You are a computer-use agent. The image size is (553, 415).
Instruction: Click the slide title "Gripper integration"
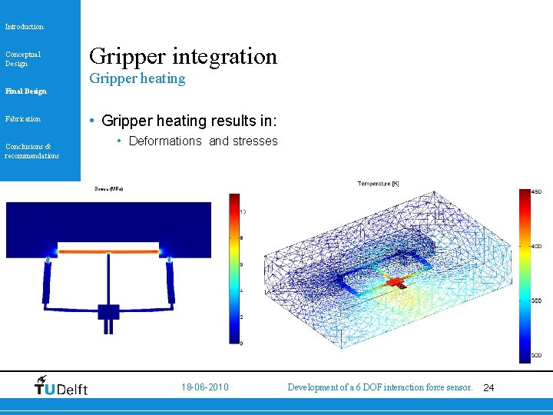coord(183,56)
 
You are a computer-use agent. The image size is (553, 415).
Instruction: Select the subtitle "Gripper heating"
coord(137,78)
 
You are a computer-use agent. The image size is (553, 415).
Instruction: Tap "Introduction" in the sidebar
coord(25,27)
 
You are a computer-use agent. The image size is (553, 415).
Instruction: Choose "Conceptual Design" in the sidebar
coord(23,58)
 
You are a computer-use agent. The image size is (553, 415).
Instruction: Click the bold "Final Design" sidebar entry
coord(25,91)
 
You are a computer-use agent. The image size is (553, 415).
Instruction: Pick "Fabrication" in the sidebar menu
coord(23,119)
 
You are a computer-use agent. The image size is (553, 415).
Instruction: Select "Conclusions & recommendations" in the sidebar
coord(31,151)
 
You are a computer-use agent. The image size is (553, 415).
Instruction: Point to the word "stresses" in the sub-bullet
coord(255,141)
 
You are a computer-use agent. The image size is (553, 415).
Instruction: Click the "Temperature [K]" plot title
coord(378,184)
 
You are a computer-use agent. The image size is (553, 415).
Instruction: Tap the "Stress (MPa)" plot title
coord(108,188)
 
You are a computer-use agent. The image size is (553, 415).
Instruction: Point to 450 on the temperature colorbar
coord(538,191)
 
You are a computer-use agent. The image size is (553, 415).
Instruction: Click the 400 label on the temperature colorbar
coord(538,246)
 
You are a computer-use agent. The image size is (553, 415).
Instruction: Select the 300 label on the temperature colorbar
coord(538,356)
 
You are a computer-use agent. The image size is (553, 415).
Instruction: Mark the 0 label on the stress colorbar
coord(243,343)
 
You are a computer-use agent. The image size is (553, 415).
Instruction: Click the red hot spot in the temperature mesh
coord(396,283)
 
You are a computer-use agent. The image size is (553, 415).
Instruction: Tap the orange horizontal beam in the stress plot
coord(108,250)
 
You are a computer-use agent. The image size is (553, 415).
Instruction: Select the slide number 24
coord(488,387)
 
